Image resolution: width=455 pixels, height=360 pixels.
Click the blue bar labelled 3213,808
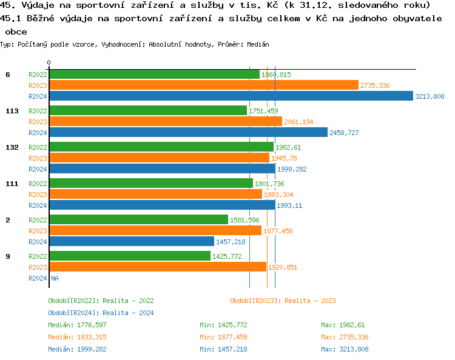click(231, 96)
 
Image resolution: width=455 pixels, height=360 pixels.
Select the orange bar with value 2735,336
click(204, 85)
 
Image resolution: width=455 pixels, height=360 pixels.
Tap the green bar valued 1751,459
click(148, 111)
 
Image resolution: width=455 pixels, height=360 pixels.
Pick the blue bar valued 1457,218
click(132, 242)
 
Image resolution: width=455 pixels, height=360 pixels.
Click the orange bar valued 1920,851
click(158, 267)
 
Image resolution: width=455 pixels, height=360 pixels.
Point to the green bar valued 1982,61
click(161, 147)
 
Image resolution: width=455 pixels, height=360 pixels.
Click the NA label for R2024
click(55, 278)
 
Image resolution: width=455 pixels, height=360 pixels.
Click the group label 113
click(10, 111)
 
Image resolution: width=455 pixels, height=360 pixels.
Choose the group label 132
click(10, 147)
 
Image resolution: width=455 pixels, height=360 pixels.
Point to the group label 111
click(10, 184)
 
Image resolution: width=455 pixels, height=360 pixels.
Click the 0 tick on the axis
click(49, 62)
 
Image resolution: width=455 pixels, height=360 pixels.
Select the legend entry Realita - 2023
click(283, 301)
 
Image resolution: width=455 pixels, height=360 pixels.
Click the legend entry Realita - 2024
click(101, 313)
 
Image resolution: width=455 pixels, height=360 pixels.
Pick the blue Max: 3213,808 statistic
click(345, 349)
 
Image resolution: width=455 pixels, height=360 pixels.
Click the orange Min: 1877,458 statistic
click(223, 337)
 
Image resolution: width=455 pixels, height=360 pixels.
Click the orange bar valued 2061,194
click(166, 122)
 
